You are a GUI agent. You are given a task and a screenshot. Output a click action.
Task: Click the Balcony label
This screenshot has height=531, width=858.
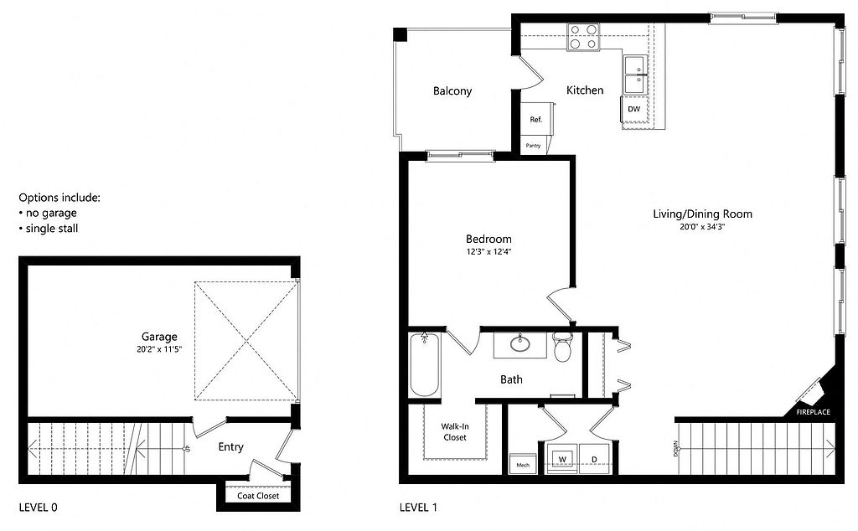(x=452, y=90)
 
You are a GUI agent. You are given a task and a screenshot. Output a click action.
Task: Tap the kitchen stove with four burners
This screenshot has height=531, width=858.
(x=583, y=37)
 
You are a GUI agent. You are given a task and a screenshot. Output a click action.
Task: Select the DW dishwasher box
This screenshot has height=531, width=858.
(x=633, y=109)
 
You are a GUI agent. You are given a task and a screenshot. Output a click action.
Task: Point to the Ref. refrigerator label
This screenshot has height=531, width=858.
(x=535, y=119)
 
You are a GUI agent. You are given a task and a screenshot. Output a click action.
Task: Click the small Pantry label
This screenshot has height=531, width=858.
(x=533, y=146)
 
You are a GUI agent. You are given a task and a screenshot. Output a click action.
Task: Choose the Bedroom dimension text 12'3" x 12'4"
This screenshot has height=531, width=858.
(x=488, y=252)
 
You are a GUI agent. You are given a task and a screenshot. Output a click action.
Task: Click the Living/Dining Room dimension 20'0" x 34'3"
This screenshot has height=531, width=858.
(x=702, y=226)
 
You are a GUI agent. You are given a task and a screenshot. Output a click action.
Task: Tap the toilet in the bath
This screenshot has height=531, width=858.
(x=562, y=348)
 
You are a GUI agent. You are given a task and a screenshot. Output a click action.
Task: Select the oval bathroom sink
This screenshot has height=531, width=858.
(x=519, y=343)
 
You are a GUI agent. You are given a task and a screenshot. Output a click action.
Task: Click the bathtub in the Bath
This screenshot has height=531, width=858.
(x=425, y=364)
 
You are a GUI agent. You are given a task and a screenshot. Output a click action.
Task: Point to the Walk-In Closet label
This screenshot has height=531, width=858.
(x=455, y=432)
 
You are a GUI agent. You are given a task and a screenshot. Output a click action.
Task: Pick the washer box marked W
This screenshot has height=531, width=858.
(x=562, y=459)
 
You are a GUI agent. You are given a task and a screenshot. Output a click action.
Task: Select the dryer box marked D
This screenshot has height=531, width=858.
(x=594, y=459)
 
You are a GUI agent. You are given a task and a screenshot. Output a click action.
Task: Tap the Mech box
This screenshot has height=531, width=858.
(x=523, y=464)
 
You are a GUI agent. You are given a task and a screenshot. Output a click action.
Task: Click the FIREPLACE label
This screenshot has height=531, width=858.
(x=813, y=412)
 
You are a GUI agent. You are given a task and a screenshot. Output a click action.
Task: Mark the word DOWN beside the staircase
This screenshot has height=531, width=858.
(x=676, y=448)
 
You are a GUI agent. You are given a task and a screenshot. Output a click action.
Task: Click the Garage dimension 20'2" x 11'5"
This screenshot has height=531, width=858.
(x=159, y=349)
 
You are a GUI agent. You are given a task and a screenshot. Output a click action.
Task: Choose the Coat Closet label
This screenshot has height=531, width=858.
(x=258, y=496)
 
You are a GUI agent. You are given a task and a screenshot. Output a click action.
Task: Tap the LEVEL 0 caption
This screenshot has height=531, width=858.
(x=39, y=508)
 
